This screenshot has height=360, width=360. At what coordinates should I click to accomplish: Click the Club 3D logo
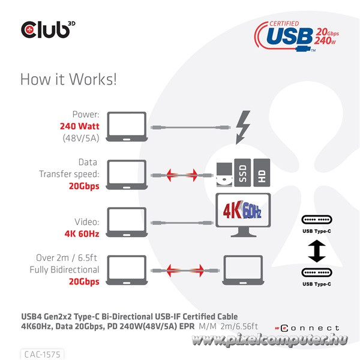point(48,29)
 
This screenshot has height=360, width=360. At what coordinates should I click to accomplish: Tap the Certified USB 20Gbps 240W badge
point(296,36)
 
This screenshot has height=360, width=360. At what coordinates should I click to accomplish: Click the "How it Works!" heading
point(68,79)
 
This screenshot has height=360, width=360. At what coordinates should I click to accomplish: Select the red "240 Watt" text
point(79,126)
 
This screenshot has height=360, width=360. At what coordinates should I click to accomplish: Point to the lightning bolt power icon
point(243,127)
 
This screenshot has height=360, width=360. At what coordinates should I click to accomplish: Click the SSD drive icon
point(242,173)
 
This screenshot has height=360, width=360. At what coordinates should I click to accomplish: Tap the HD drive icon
point(262,173)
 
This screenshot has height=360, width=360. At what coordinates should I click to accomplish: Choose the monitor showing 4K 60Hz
point(243,215)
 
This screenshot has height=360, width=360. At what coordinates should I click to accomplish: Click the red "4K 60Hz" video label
point(82,234)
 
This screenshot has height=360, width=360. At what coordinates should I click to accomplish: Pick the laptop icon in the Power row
point(127,127)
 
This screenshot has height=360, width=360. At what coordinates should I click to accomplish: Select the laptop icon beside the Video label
point(127,222)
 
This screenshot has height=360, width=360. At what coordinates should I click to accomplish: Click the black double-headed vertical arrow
point(317,251)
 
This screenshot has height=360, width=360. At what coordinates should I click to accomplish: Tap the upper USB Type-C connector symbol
point(317,220)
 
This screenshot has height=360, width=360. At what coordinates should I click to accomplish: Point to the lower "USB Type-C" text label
point(317,284)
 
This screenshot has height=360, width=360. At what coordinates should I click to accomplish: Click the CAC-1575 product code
point(42,355)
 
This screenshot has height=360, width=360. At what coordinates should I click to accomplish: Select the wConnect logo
point(307,328)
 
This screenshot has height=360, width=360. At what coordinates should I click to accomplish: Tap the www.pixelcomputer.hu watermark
point(269,340)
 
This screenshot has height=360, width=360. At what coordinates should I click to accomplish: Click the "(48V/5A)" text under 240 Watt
point(81,138)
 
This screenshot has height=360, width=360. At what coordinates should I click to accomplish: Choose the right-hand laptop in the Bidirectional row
point(243,270)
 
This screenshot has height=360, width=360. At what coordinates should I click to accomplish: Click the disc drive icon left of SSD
point(224,175)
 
